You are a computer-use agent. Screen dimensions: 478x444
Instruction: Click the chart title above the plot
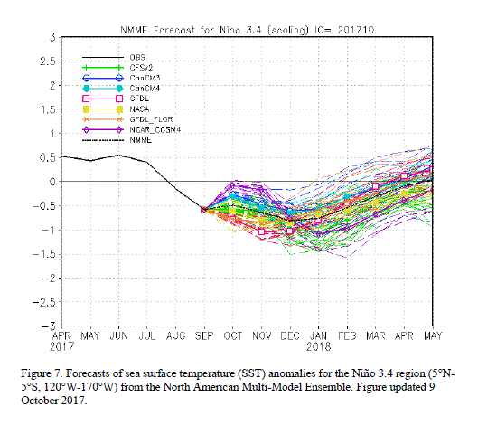247,30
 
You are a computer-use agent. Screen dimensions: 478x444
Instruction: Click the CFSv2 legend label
141,68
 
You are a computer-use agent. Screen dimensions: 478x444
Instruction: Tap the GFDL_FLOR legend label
151,119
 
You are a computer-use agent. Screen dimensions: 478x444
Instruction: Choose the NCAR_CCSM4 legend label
155,129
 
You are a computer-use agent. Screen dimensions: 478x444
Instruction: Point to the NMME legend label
141,140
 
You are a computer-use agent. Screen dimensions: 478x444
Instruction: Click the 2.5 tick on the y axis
48,61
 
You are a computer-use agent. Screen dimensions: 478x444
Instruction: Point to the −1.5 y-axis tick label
44,254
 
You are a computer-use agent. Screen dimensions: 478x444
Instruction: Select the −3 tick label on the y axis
49,326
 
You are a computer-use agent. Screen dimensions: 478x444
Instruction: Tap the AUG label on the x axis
175,336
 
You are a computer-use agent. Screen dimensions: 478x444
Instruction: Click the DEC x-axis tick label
290,336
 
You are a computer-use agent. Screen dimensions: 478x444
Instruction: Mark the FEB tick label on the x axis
347,336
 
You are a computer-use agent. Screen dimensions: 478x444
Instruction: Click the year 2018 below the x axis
319,346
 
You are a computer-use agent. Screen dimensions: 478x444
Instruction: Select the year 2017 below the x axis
61,346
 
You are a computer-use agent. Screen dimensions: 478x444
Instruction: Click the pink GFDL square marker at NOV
261,231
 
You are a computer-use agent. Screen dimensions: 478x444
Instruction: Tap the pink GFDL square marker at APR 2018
404,176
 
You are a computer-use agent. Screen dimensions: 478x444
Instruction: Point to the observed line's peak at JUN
118,155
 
